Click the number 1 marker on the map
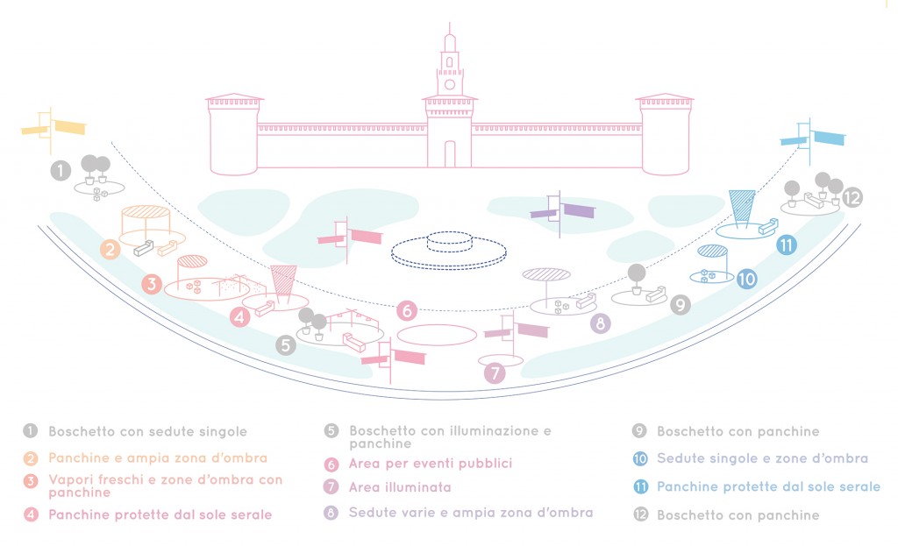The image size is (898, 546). pos(60,171)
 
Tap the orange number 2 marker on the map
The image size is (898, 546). pos(110,249)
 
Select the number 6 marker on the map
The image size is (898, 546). pos(405,310)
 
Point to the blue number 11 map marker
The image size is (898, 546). pos(786,245)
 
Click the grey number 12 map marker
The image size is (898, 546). pos(853,197)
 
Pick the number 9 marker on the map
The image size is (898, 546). pos(681,305)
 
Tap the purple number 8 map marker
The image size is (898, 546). pos(600,323)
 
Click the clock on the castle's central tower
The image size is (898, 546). pos(450,85)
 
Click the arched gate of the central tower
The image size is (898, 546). pos(450,154)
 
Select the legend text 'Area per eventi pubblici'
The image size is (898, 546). pos(430,463)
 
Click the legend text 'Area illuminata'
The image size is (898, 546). pos(399,486)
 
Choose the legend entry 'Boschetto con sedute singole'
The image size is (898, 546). pos(147,431)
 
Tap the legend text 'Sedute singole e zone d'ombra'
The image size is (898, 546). pos(762,458)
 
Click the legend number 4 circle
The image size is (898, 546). pos(32,514)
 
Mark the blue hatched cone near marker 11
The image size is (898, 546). pos(742,208)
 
